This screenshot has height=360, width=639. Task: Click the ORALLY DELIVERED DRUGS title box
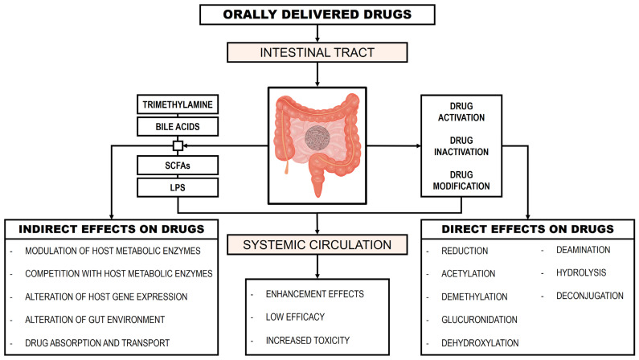pos(317,14)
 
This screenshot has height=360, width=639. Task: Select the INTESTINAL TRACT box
pos(317,52)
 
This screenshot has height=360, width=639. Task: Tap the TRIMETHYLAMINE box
pos(178,104)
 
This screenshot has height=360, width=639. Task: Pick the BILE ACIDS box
pos(178,127)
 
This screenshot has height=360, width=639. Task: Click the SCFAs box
pos(178,166)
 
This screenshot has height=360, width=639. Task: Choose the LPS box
pos(178,188)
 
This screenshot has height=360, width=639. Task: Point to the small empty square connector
pos(178,145)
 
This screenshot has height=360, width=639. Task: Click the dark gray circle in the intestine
pos(317,138)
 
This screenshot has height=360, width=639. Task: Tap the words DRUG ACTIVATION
pos(461,112)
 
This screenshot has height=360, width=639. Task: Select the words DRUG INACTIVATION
pos(461,145)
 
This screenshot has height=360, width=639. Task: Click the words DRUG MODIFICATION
pos(461,181)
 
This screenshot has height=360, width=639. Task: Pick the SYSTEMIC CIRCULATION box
pos(317,245)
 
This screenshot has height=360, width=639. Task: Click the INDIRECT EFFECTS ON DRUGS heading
pos(112,229)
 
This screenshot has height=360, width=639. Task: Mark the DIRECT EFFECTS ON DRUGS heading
pos(528,229)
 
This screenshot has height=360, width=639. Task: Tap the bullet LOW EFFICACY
pos(295,317)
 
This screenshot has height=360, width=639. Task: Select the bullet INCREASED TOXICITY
pos(308,340)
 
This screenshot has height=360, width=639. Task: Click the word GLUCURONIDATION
pos(479,320)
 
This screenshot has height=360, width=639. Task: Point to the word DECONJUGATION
pos(590,296)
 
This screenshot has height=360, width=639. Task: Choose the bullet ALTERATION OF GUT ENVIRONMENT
pos(95,320)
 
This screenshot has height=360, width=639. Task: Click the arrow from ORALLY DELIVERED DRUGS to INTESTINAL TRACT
pos(317,34)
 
